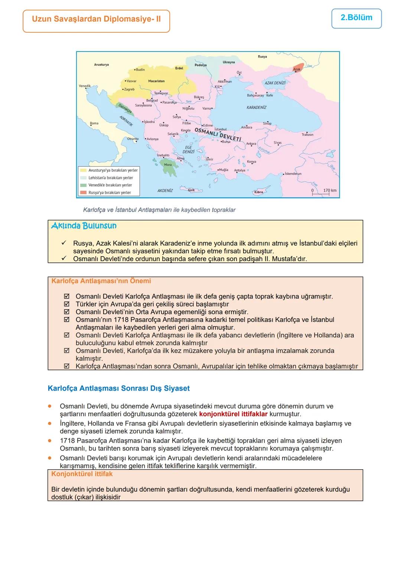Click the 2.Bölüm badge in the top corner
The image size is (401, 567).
click(356, 18)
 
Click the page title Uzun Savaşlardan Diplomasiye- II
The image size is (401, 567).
click(96, 19)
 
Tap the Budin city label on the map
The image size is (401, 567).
click(140, 69)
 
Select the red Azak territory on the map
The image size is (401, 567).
click(298, 68)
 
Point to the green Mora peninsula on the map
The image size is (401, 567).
click(167, 166)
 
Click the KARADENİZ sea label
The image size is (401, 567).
click(256, 107)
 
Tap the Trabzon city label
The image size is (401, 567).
click(307, 135)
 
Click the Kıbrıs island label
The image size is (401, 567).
click(258, 192)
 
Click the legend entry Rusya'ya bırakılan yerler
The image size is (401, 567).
click(109, 192)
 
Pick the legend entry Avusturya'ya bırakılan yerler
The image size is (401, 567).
click(113, 170)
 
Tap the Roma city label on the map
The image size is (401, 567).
click(94, 123)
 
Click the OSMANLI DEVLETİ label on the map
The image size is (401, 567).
click(218, 135)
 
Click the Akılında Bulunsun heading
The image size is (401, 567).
click(84, 226)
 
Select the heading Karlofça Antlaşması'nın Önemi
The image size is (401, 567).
click(101, 281)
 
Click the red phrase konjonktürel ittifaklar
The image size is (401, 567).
click(233, 414)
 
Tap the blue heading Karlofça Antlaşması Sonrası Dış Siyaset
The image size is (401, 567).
click(118, 388)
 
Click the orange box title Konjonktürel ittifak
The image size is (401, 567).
click(82, 474)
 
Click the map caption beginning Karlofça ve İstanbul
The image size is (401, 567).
click(159, 210)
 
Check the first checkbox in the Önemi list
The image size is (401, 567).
click(67, 297)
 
